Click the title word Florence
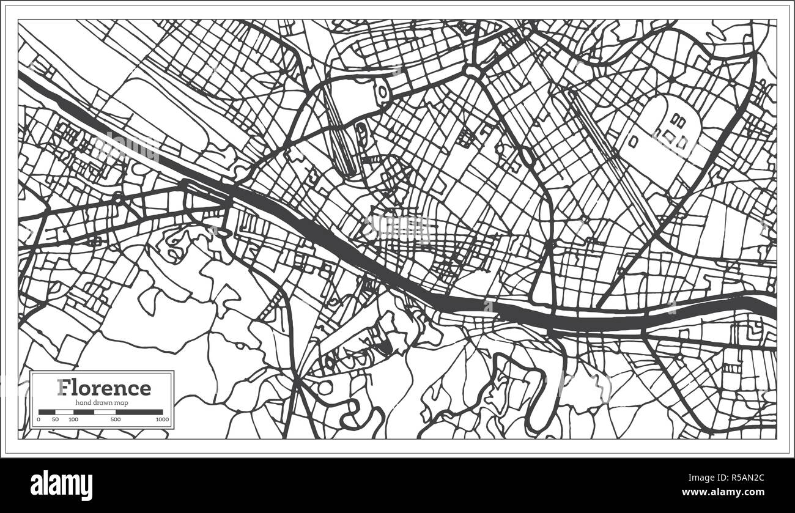tap(103, 388)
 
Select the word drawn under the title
tap(103, 402)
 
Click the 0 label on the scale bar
tap(39, 419)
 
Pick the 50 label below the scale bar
tap(55, 419)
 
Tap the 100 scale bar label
tap(73, 419)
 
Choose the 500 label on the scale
tap(116, 419)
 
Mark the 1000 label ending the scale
tap(161, 419)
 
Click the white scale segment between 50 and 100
tap(65, 412)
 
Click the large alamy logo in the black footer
tap(62, 485)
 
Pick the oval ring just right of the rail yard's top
tap(383, 94)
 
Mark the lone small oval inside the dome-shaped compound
tap(634, 141)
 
